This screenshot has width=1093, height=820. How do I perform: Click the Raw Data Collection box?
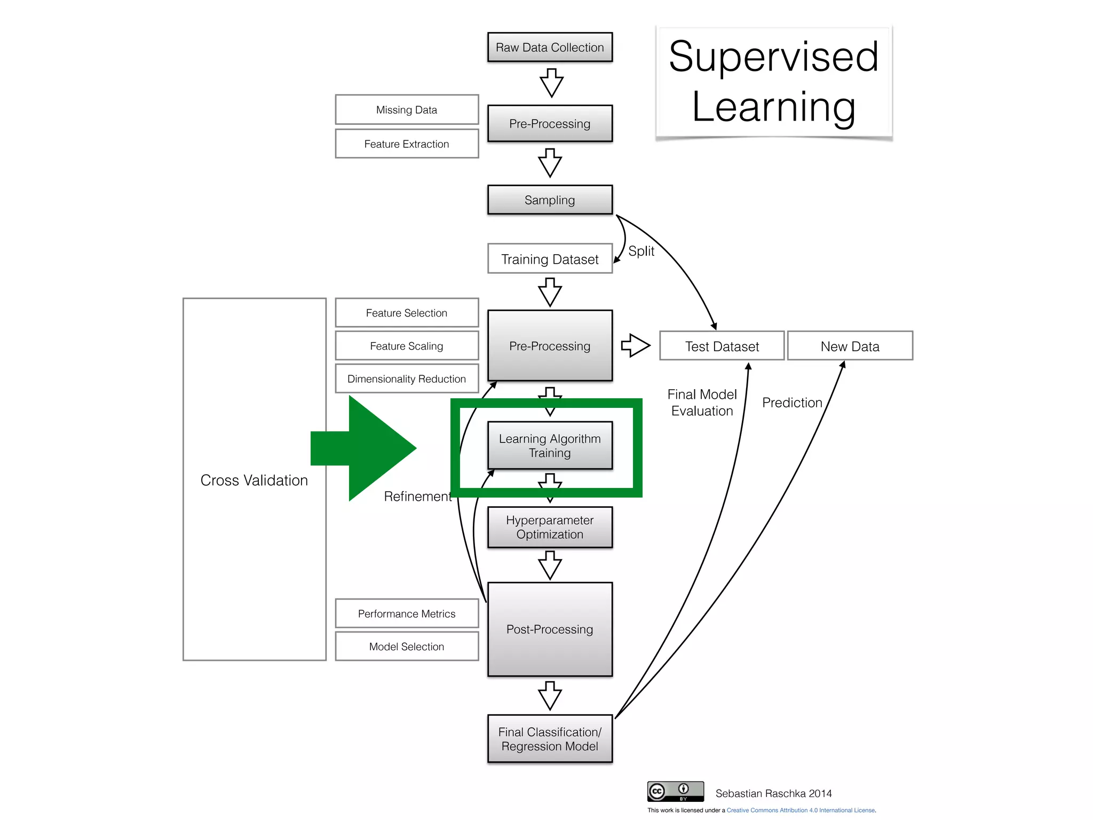tap(550, 47)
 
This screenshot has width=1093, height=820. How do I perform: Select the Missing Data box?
tap(407, 109)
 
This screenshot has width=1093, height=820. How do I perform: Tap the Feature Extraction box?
tap(407, 144)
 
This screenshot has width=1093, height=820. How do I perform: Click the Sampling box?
tap(550, 200)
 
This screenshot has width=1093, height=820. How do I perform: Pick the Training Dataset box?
tap(550, 259)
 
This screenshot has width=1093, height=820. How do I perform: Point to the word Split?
tap(641, 251)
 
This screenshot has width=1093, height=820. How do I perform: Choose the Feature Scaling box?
tap(407, 346)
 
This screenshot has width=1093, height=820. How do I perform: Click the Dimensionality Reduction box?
tap(407, 379)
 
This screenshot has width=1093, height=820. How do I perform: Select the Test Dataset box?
tap(722, 346)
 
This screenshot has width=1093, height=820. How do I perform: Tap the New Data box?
tap(850, 346)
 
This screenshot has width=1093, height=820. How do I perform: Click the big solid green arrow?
tap(368, 448)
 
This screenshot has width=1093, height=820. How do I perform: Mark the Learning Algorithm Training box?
tap(550, 445)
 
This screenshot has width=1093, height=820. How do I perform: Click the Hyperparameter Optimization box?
tap(550, 527)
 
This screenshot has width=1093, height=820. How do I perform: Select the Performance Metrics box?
tap(407, 613)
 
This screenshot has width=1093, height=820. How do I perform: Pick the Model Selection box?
tap(407, 646)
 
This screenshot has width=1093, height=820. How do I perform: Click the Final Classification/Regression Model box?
tap(550, 739)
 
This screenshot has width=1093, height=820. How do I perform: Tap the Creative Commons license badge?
tap(675, 791)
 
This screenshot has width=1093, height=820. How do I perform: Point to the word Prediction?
tap(792, 403)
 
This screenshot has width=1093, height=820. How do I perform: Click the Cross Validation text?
tap(254, 480)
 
